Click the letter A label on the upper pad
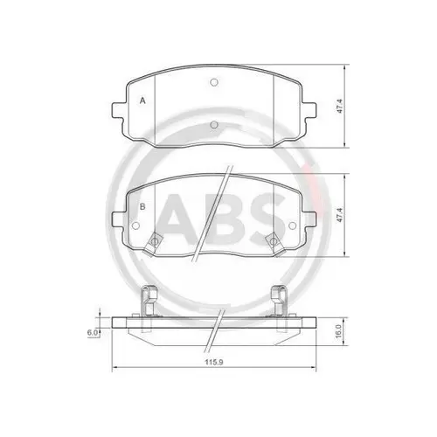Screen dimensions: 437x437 coord(142,101)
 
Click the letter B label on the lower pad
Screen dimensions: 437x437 coord(142,207)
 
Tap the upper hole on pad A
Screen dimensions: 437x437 coord(213,85)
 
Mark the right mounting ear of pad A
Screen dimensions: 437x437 coord(309,112)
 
